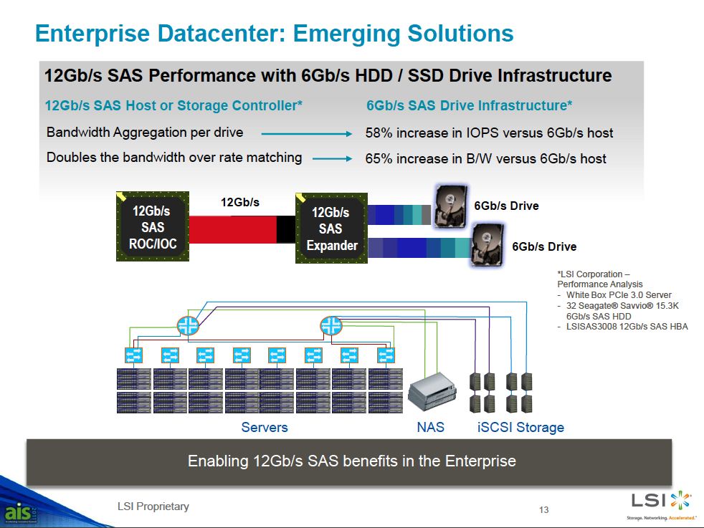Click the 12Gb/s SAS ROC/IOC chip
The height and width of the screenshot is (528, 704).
[x=153, y=226]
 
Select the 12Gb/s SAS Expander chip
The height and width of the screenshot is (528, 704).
[x=331, y=229]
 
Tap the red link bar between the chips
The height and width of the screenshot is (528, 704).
[x=232, y=230]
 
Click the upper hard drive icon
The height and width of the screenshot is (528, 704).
[x=450, y=206]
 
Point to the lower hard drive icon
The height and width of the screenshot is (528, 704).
[x=487, y=245]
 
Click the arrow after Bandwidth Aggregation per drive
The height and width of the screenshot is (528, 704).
[x=307, y=134]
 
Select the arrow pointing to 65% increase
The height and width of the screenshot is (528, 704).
[x=332, y=158]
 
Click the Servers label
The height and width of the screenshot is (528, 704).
[x=265, y=427]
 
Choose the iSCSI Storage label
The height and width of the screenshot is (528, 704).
[x=520, y=427]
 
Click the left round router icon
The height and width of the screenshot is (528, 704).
[x=188, y=325]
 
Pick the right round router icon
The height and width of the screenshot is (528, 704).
[x=331, y=325]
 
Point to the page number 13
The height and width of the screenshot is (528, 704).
[x=543, y=509]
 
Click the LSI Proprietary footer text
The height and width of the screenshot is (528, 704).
[x=153, y=507]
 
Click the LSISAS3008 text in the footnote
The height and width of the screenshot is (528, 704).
[x=591, y=327]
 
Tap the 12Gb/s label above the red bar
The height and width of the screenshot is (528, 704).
[x=240, y=202]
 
